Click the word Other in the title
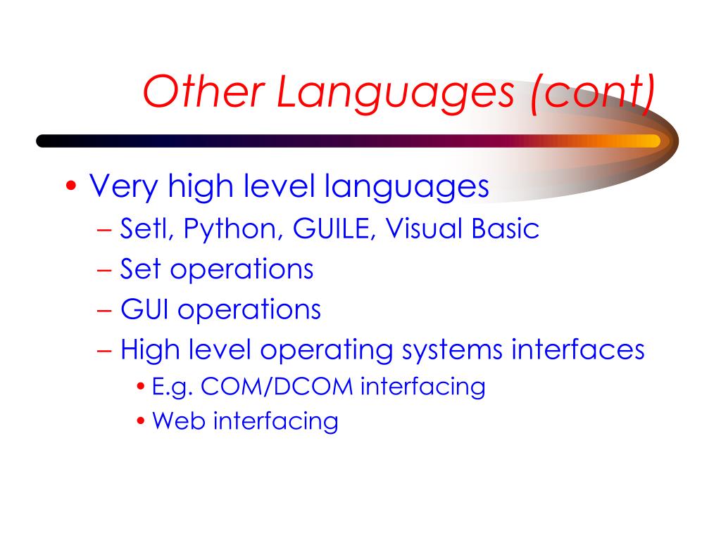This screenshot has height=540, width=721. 203,91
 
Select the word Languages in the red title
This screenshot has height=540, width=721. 395,95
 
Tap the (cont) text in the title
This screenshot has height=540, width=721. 593,94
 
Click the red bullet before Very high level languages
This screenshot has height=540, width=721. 71,186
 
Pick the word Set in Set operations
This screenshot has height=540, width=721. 140,269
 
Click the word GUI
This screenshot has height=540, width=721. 144,309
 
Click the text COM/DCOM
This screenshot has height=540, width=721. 277,387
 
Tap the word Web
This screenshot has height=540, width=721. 178,421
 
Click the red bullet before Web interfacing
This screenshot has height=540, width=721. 141,420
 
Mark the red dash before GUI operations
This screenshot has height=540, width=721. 104,310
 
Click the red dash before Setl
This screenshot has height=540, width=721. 104,229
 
